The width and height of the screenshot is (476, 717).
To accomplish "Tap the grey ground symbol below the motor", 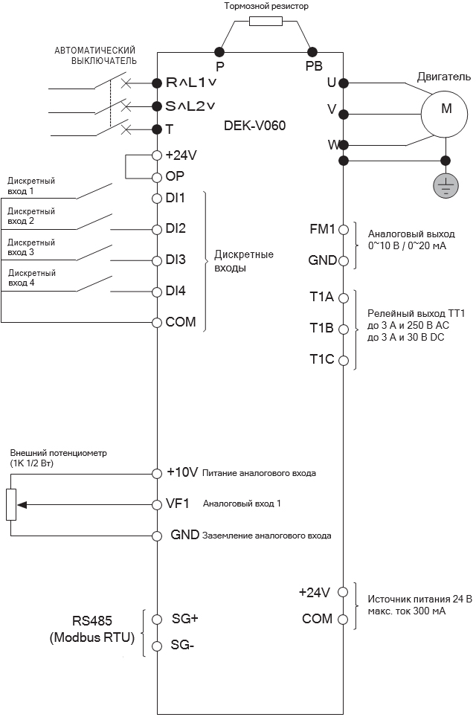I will coord(446,185).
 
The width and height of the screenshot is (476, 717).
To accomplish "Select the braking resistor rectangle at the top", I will coord(266,22).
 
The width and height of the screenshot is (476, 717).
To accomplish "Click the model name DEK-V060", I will coord(254,126).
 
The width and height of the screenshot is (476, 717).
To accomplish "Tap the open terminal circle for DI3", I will coord(156,260).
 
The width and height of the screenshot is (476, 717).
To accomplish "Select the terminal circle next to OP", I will coord(156,177).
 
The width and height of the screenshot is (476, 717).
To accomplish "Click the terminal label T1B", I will coord(321,328).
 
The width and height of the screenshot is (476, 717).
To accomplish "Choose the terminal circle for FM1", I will coord(343,230).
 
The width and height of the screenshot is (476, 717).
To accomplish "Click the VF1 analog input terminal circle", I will coord(156,504).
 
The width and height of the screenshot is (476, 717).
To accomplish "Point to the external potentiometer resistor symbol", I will coord(11,504).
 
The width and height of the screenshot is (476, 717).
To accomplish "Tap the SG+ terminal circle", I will coord(156,619).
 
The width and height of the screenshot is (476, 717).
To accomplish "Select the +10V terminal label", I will coord(182,472).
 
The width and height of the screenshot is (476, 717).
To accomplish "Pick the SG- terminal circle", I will coord(156,646).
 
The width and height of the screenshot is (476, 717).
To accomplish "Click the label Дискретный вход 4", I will coord(31,277).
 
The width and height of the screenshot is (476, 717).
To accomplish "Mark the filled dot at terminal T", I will coord(156,129).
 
